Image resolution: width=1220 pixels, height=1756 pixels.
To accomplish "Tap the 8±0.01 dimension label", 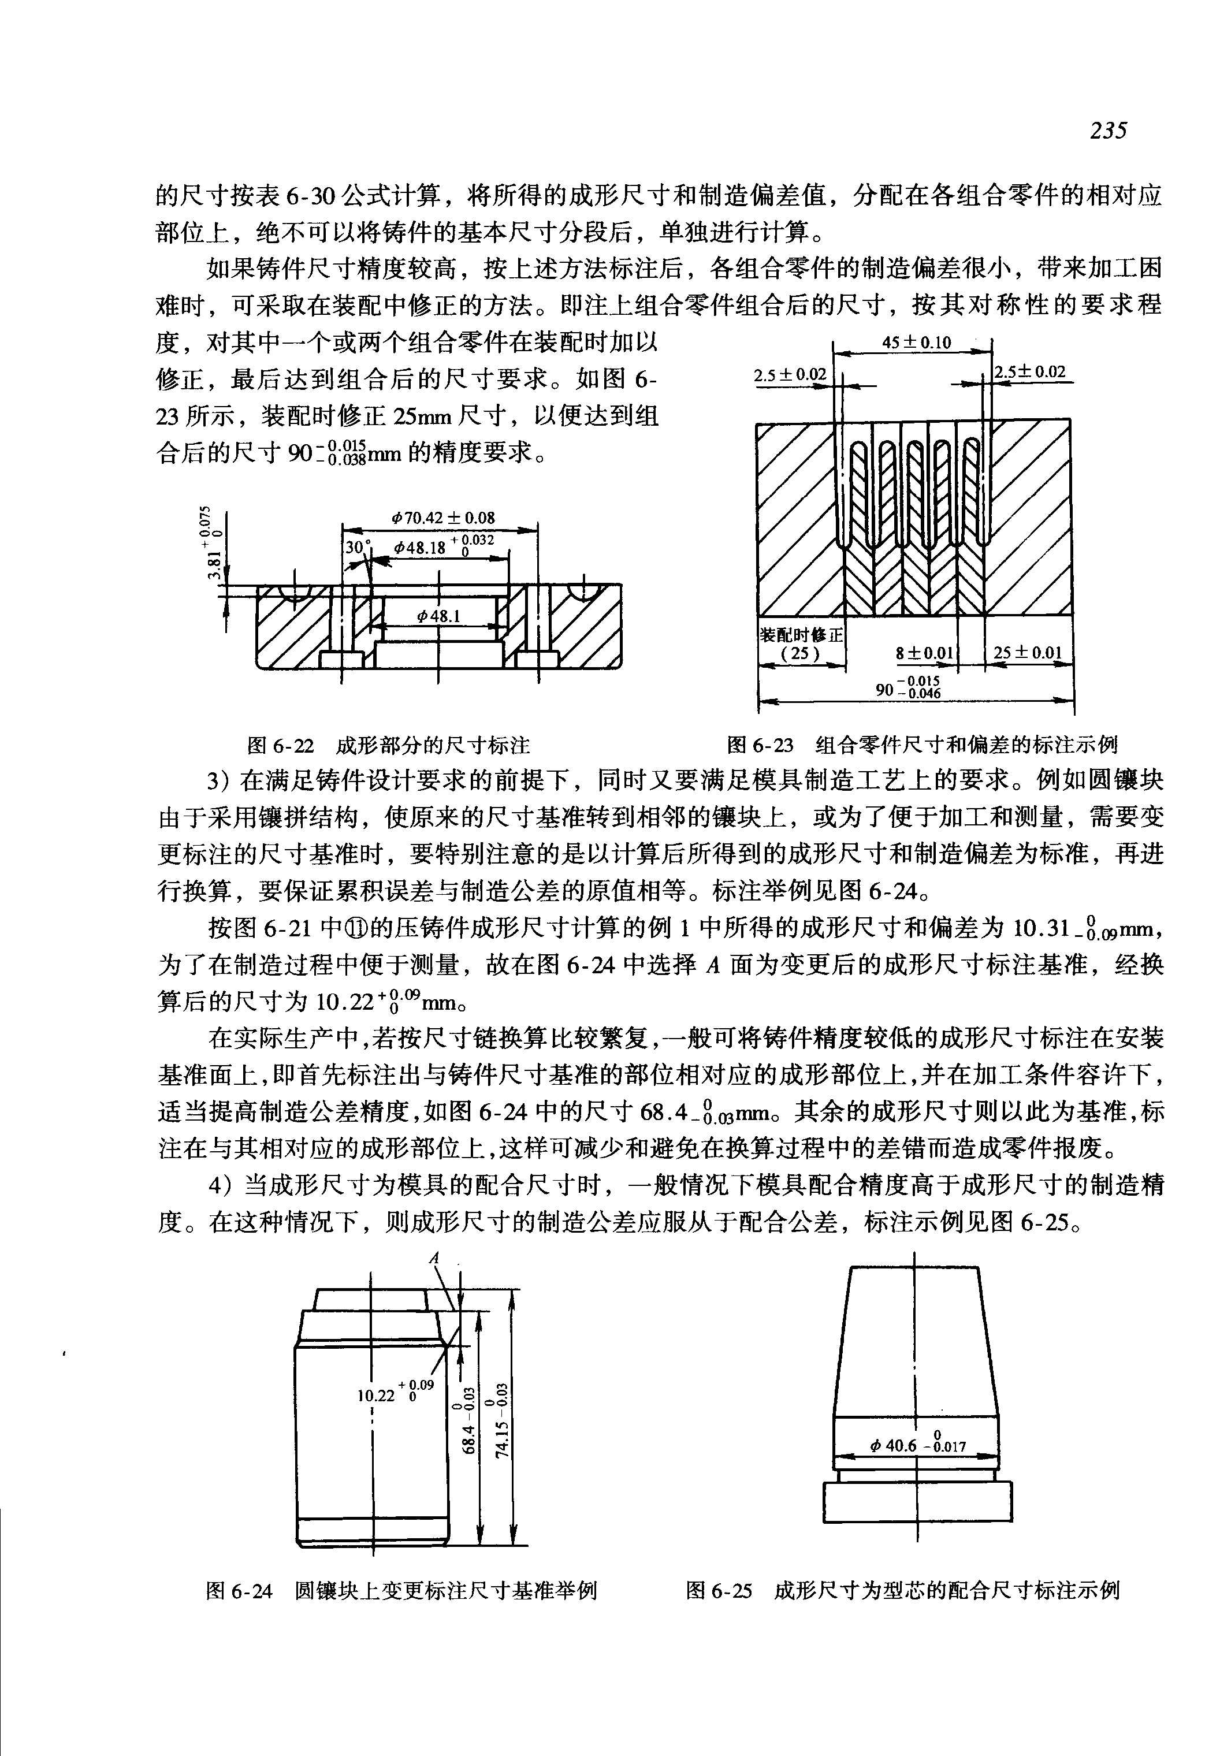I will (x=925, y=653).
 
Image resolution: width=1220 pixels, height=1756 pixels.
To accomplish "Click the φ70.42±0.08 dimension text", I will (x=444, y=518).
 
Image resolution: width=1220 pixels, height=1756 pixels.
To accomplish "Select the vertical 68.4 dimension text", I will (x=471, y=1421).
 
